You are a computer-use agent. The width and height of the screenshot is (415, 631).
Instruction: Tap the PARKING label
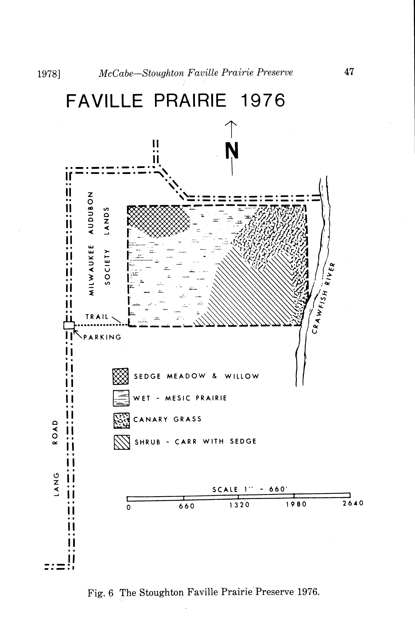tap(102, 337)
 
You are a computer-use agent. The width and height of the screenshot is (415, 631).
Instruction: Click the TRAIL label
tap(97, 317)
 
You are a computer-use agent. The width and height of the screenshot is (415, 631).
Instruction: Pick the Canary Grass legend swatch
tap(121, 420)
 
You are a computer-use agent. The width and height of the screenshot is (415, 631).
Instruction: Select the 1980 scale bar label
tap(296, 504)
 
